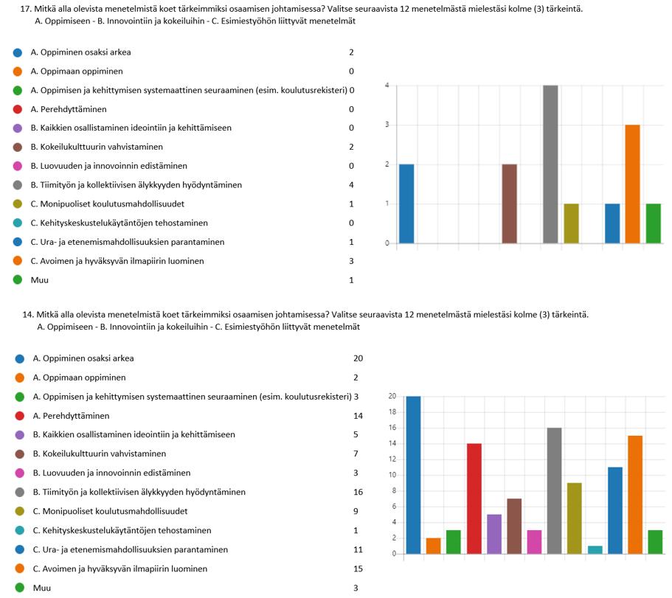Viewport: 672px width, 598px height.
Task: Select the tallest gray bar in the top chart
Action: point(551,164)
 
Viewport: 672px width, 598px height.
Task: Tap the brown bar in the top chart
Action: point(510,204)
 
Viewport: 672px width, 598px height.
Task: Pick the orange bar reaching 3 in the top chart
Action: point(632,184)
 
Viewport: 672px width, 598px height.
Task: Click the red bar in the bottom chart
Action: point(474,498)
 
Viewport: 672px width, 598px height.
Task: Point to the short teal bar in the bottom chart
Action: point(595,549)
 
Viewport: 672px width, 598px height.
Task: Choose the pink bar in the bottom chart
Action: point(534,542)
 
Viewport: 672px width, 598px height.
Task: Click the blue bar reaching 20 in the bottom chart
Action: point(414,475)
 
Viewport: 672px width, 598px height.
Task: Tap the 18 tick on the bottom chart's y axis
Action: point(392,412)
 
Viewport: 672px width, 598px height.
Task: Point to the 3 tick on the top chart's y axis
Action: point(387,125)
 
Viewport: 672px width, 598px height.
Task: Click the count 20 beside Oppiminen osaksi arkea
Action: point(358,358)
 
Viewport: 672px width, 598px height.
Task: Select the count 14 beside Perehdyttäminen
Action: point(358,416)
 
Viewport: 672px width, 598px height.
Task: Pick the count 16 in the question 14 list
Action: point(358,492)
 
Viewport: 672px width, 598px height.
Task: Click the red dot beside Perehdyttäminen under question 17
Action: point(18,109)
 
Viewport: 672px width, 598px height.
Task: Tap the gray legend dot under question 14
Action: point(20,492)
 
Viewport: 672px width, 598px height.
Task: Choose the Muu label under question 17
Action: point(38,280)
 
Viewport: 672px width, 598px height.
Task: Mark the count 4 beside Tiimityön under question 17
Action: point(351,185)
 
